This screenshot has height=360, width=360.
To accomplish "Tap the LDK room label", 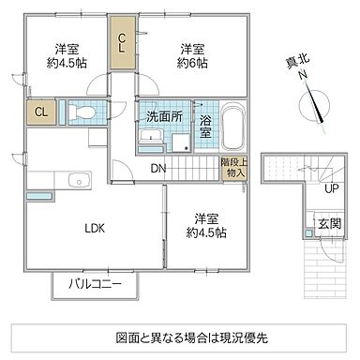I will coord(95,228).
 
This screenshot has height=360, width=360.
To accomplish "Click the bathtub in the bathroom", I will coord(233,125).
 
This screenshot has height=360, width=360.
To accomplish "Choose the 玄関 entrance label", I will coord(329,224).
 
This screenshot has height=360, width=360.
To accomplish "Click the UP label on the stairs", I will coord(330,188).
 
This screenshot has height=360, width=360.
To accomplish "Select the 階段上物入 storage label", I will coord(234,170).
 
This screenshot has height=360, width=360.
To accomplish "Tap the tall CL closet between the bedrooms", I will coord(122,42).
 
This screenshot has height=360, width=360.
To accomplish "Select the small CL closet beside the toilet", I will coord(40,113).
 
